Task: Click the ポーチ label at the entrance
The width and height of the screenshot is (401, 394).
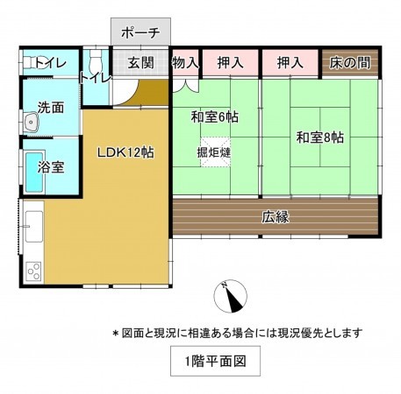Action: (x=140, y=33)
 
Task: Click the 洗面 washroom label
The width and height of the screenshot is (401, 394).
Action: (x=50, y=109)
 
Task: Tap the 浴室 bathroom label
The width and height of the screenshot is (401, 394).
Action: (x=51, y=166)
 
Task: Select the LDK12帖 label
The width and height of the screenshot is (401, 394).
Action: (x=125, y=151)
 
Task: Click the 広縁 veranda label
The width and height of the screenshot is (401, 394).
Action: (x=275, y=216)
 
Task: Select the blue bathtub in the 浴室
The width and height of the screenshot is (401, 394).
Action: (x=33, y=172)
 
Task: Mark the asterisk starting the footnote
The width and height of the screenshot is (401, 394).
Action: (x=115, y=334)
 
